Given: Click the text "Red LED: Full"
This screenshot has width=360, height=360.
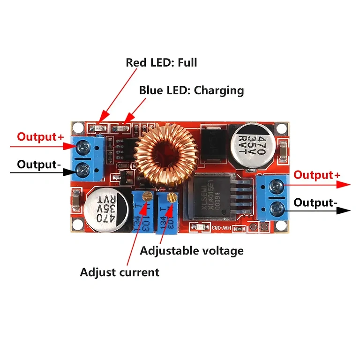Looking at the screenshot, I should [x=161, y=62].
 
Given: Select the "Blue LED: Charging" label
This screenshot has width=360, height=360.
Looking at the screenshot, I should [x=191, y=90].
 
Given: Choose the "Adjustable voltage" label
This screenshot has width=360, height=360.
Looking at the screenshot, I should [x=192, y=251].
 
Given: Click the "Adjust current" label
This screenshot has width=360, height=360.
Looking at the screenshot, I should [x=120, y=272].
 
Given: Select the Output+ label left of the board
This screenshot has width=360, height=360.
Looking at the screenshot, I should [x=40, y=137].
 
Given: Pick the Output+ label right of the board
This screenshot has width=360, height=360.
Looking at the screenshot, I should [x=317, y=175].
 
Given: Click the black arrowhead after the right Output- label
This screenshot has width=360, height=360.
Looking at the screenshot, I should [x=345, y=210].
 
